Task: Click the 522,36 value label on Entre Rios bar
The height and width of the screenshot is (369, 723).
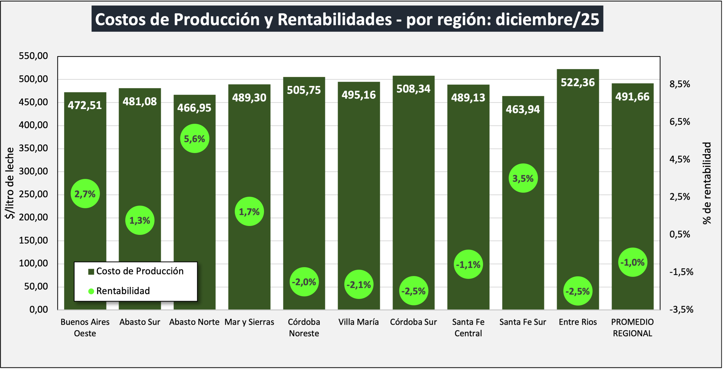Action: [578, 83]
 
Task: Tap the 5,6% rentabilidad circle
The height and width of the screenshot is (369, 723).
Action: [195, 139]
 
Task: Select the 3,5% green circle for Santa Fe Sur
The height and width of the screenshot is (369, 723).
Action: [523, 178]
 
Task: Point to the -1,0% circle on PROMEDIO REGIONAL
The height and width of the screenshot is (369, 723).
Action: [632, 262]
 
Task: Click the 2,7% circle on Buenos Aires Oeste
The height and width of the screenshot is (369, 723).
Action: [85, 193]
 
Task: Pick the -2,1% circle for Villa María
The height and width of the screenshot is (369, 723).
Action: [359, 284]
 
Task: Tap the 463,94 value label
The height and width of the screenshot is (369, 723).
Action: [523, 109]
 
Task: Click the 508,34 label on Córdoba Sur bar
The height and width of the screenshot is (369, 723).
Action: [413, 89]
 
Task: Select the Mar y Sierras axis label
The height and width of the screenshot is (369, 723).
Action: [249, 322]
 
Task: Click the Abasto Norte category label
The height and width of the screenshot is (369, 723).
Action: [194, 322]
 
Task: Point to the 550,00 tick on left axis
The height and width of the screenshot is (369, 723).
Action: [33, 56]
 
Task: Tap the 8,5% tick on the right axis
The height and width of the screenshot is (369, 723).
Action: [680, 84]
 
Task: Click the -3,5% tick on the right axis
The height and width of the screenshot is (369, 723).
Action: [681, 310]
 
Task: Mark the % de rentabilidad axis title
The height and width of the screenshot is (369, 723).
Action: [707, 183]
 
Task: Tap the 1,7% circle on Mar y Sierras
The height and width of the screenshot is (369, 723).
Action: [249, 211]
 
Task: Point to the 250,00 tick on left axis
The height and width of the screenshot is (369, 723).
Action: [33, 194]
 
